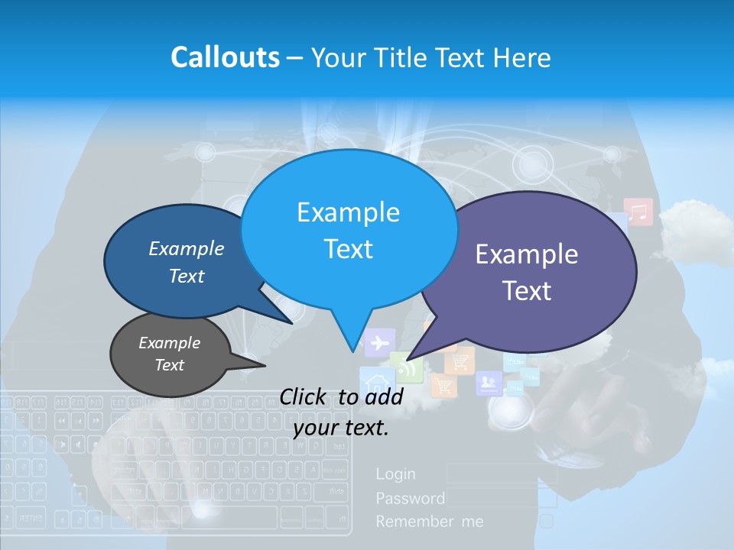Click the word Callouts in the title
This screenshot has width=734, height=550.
(225, 57)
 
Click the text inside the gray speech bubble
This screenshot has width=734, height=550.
(169, 354)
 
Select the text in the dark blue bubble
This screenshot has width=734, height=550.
(186, 262)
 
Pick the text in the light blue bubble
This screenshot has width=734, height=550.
(348, 230)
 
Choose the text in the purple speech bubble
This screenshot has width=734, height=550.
(526, 272)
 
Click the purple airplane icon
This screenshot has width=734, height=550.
(378, 343)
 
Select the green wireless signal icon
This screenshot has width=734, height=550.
(407, 367)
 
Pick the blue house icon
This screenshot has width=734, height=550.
(375, 382)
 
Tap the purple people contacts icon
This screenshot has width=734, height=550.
(487, 382)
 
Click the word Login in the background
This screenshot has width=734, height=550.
(395, 474)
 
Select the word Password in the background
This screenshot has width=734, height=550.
(410, 499)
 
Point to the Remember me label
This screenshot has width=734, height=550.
(429, 522)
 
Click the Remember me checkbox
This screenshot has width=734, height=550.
(547, 522)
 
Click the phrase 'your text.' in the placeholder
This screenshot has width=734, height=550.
(341, 429)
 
